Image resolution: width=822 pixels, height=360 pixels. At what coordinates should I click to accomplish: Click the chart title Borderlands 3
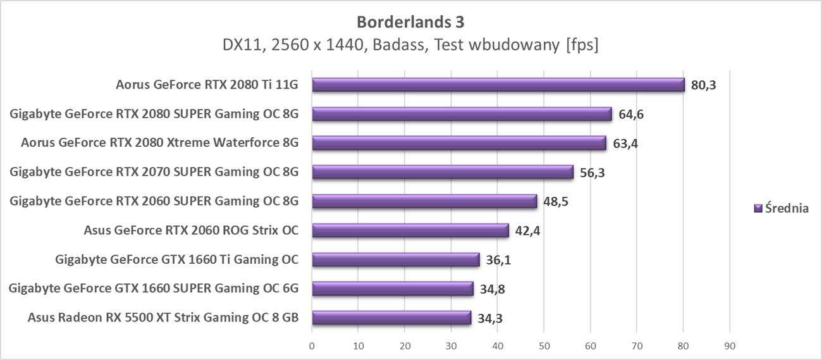click(x=410, y=22)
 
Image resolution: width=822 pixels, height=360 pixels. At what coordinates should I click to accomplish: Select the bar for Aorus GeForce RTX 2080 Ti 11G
click(x=498, y=85)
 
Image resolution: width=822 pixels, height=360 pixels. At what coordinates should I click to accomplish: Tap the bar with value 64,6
click(x=462, y=114)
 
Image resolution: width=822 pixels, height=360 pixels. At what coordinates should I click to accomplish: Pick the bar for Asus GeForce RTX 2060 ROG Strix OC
click(x=410, y=230)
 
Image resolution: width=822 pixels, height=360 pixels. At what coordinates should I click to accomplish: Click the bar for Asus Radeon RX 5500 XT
click(x=391, y=318)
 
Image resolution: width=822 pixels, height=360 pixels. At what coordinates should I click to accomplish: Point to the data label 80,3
click(x=703, y=85)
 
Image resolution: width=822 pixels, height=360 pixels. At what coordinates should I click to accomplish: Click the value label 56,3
click(x=592, y=173)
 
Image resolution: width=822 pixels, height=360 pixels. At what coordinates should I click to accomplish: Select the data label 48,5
click(x=555, y=202)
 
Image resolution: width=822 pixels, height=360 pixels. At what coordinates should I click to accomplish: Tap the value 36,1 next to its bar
click(x=498, y=260)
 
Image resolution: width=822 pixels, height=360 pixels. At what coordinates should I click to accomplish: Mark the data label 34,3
click(x=489, y=318)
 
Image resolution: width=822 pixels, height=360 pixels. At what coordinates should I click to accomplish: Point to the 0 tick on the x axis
click(x=312, y=346)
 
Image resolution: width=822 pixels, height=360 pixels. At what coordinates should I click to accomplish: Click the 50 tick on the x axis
click(x=544, y=346)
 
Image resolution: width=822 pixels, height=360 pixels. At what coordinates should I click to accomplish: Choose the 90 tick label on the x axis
click(x=730, y=346)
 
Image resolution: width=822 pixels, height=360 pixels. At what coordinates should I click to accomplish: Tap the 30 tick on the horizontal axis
click(x=451, y=346)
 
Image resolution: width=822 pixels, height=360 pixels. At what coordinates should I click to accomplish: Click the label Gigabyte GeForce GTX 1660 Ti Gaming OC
click(x=176, y=259)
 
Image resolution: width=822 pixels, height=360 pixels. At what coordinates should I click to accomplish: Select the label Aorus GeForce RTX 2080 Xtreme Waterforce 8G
click(x=159, y=143)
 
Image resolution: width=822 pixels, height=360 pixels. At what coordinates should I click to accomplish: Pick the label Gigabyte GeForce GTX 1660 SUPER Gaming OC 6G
click(x=154, y=289)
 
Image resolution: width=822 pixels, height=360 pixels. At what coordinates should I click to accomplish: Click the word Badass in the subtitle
click(x=396, y=45)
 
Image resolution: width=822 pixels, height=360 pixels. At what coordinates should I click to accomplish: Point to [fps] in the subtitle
click(x=582, y=45)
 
